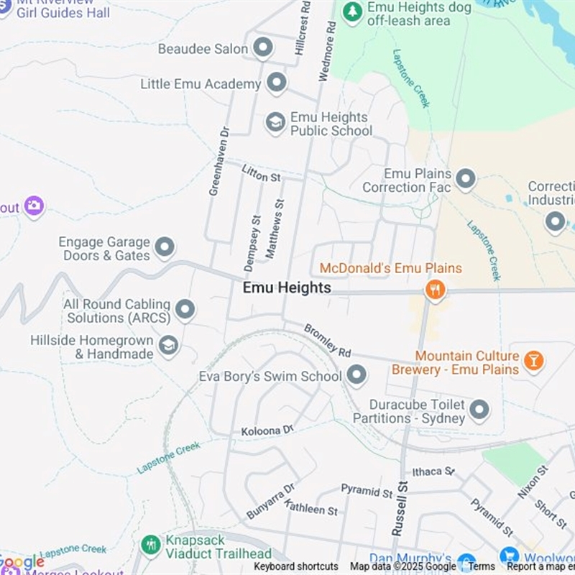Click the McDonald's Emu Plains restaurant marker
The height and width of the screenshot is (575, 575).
point(435,290)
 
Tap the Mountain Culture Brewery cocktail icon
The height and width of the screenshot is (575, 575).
point(533,361)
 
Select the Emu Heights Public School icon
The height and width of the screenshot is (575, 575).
point(275,123)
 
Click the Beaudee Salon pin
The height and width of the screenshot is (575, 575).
point(264,48)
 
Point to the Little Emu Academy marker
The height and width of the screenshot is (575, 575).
point(277,83)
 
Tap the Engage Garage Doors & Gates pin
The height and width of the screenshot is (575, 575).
point(165,248)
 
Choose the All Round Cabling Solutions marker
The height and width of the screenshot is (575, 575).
point(185,310)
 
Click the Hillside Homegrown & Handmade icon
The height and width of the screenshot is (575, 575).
point(169,346)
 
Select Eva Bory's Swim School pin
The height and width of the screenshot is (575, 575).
point(356,375)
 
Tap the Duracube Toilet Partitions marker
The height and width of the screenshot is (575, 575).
point(479,411)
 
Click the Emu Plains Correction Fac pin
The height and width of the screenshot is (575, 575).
point(466,179)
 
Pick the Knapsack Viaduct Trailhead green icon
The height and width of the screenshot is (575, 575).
point(151,545)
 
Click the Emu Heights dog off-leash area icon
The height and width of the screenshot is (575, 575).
point(352,11)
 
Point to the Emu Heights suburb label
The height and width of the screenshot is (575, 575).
point(287,287)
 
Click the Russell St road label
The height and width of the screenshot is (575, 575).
point(400,510)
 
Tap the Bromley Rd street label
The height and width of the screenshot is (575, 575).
point(328,339)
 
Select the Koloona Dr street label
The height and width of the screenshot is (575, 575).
point(267,430)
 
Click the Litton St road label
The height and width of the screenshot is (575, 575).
point(261,172)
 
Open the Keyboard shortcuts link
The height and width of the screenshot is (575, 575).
point(295,566)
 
